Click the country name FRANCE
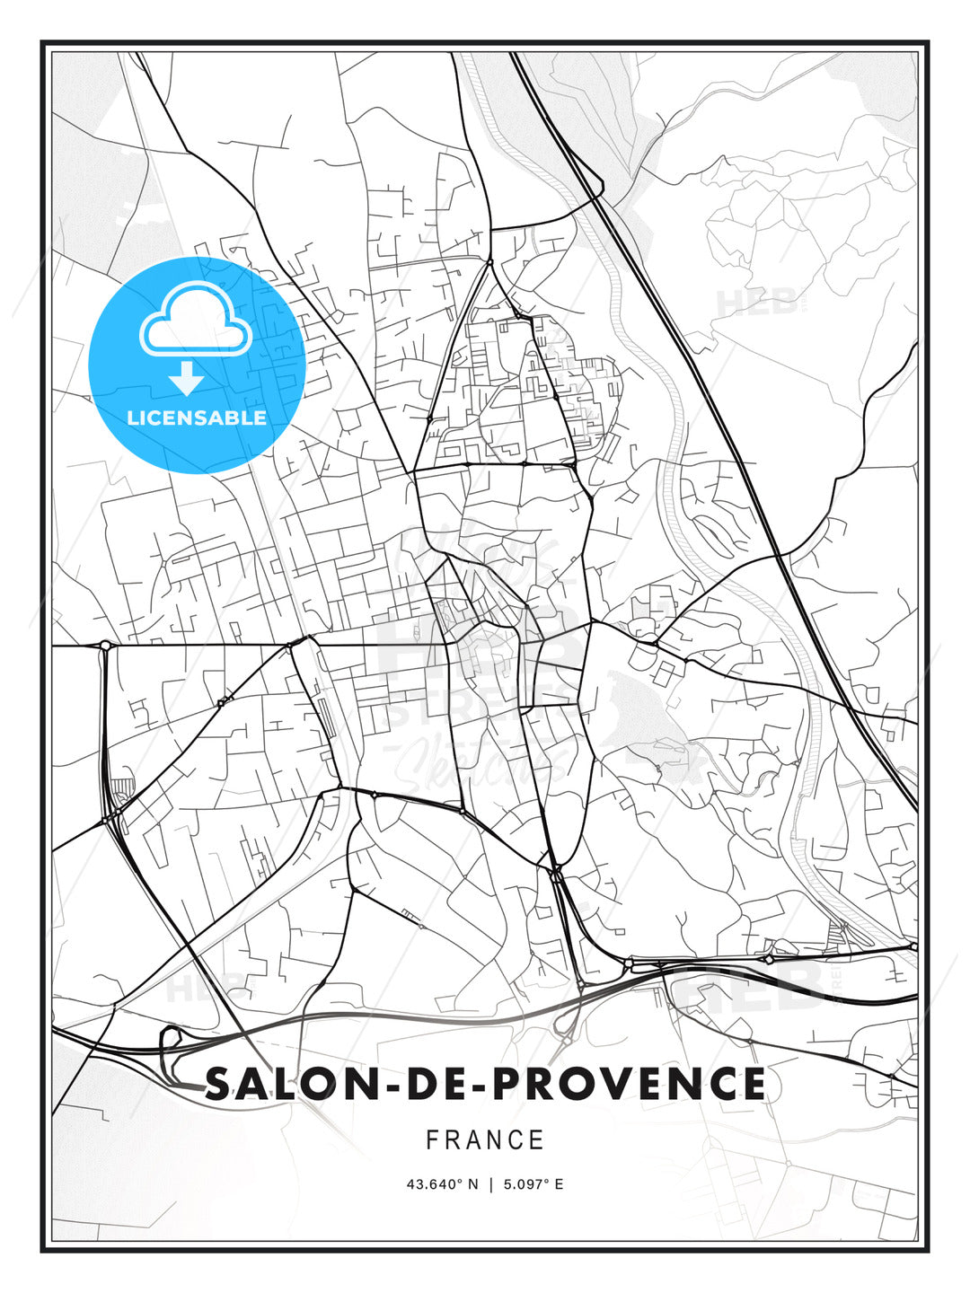(485, 1140)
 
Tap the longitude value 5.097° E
(533, 1184)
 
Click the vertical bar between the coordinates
(491, 1184)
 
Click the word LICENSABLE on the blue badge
(197, 418)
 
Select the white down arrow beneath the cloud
(187, 378)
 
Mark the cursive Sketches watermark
(476, 763)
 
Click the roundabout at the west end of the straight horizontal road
(106, 645)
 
